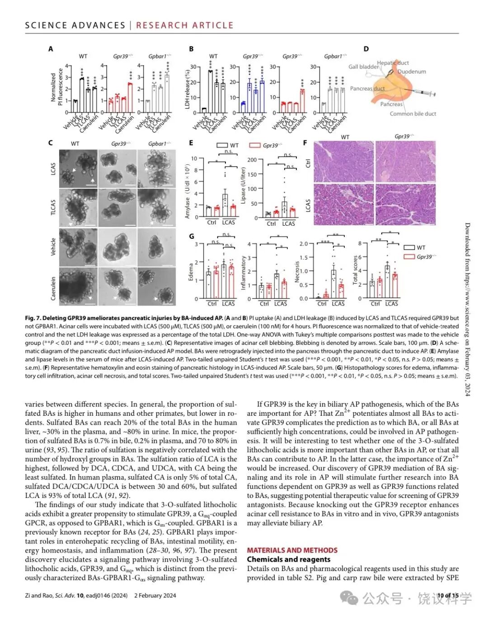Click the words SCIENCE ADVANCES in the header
coord(75,25)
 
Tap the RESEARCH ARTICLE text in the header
coord(185,25)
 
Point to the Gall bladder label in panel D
coord(363,67)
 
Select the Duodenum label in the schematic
coord(412,71)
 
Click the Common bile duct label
coord(413,114)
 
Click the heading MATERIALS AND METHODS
coord(292,550)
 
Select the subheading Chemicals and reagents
coord(288,559)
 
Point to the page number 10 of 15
coord(447,595)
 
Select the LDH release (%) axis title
coord(187,88)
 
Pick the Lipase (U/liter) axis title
coord(243,186)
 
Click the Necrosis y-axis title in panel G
coord(297,272)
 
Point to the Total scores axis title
coord(355,270)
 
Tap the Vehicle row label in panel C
coord(53,247)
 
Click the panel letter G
coord(192,236)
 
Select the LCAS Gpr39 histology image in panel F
coord(405,204)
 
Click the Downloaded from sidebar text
coord(467,309)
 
